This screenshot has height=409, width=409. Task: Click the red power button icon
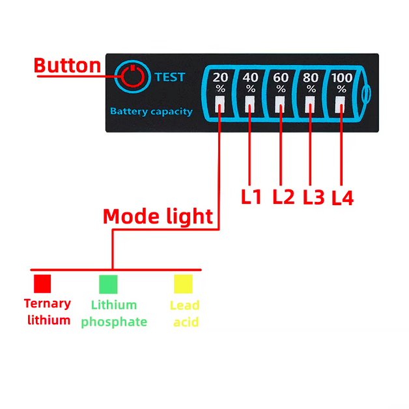pyautogui.click(x=133, y=77)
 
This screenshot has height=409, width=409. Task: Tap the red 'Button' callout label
pyautogui.click(x=67, y=66)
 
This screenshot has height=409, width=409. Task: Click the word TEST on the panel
pyautogui.click(x=170, y=77)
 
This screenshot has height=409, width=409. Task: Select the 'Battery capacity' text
pyautogui.click(x=151, y=111)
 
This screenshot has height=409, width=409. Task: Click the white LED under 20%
pyautogui.click(x=219, y=104)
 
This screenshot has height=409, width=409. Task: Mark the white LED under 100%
pyautogui.click(x=340, y=105)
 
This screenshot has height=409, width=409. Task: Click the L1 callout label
pyautogui.click(x=251, y=197)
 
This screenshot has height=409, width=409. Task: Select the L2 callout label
pyautogui.click(x=283, y=197)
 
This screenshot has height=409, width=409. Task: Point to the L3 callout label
pyautogui.click(x=314, y=197)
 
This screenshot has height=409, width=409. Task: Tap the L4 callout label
pyautogui.click(x=343, y=198)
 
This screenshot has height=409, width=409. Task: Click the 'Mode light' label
pyautogui.click(x=158, y=216)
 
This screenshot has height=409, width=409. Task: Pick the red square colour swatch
pyautogui.click(x=42, y=284)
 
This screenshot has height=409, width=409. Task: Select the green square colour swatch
pyautogui.click(x=108, y=284)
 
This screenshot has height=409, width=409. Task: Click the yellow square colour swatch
pyautogui.click(x=184, y=284)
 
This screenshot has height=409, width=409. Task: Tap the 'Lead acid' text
pyautogui.click(x=185, y=313)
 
